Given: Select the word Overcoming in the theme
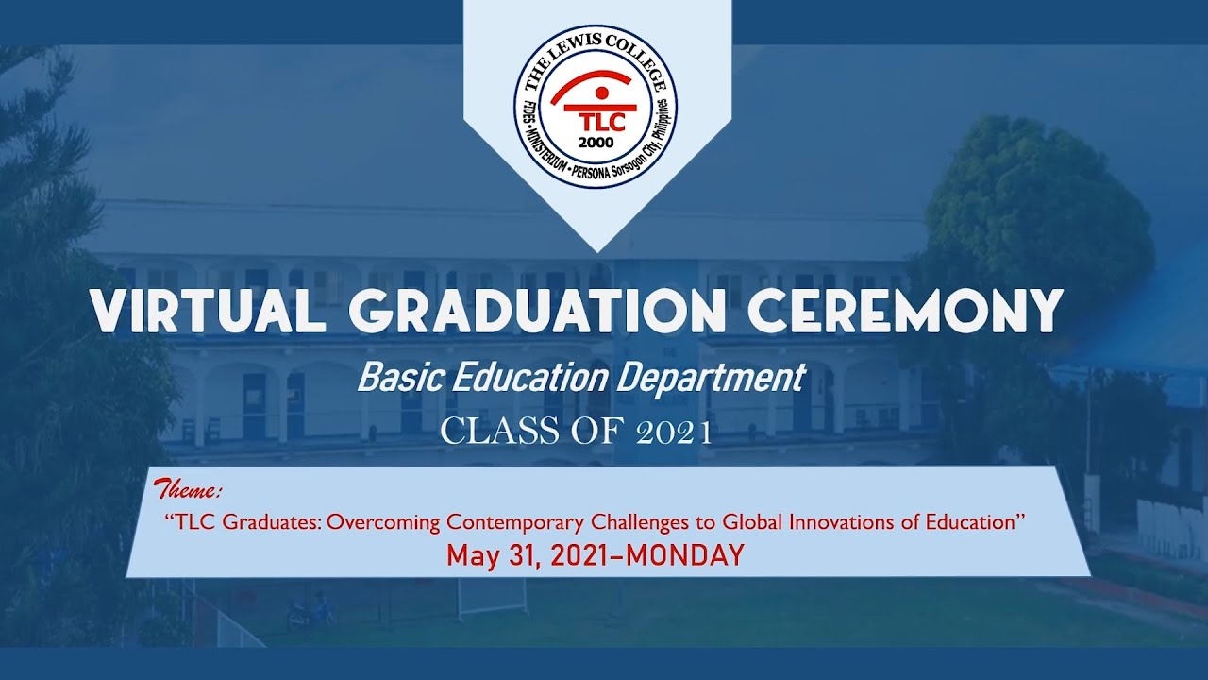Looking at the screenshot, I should [x=385, y=522].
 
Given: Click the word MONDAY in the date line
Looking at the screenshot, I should [x=685, y=555].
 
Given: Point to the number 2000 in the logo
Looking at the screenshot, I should [x=596, y=144].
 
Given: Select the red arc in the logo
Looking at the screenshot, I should [x=596, y=79].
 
